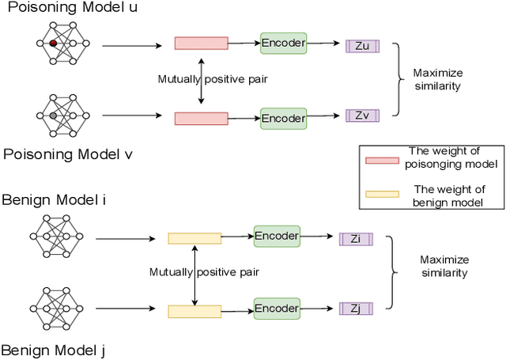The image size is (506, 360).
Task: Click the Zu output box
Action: (x=362, y=46)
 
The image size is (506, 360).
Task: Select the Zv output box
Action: (x=362, y=116)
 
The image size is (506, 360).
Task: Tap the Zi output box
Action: (x=356, y=238)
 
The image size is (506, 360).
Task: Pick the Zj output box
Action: (x=356, y=308)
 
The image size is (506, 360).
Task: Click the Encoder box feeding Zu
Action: (x=283, y=43)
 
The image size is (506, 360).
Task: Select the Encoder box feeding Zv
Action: (x=283, y=118)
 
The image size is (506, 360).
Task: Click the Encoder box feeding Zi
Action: (x=277, y=235)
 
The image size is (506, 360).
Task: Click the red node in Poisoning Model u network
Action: (x=52, y=44)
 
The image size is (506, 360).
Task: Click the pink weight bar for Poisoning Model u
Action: (x=201, y=44)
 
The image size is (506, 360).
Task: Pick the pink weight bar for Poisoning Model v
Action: (x=201, y=119)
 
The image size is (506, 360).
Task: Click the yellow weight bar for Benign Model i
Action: (x=194, y=238)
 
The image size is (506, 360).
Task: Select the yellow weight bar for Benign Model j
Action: (x=194, y=311)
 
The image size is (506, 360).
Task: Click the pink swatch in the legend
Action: (x=382, y=161)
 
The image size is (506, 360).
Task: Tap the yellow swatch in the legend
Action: (x=382, y=194)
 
